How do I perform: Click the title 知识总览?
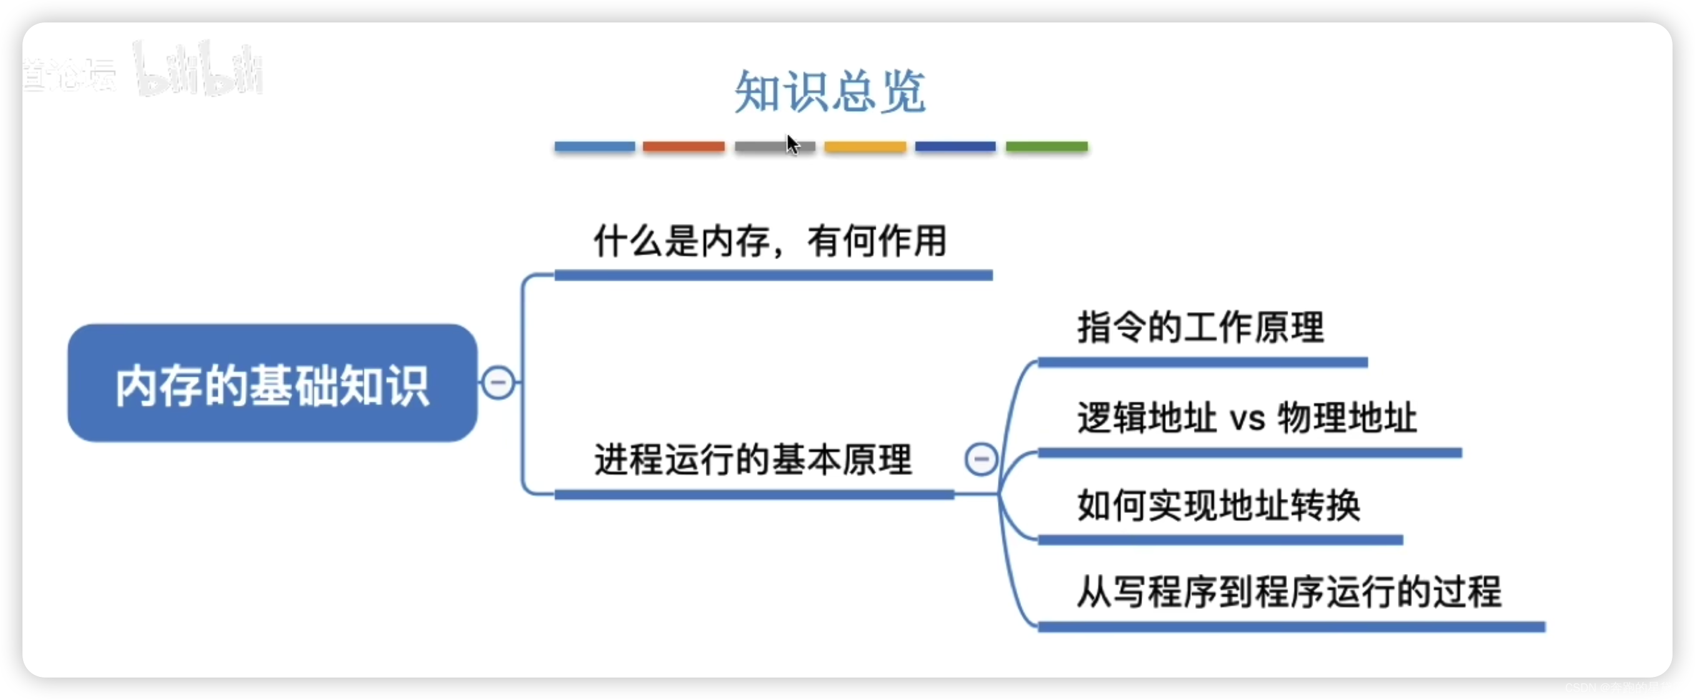[x=830, y=92]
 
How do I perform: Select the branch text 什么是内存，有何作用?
[x=770, y=241]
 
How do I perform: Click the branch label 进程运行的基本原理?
[x=753, y=459]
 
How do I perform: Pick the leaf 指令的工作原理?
[x=1200, y=327]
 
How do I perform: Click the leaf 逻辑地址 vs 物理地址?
[x=1246, y=417]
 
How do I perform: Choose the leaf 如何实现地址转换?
[x=1219, y=505]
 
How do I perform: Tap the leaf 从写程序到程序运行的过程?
[x=1289, y=591]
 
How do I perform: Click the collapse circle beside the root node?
[x=498, y=382]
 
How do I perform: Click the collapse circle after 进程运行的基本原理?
[x=980, y=459]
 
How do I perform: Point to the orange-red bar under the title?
[x=683, y=146]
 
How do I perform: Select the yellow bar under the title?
[x=864, y=146]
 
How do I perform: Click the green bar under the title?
[x=1046, y=146]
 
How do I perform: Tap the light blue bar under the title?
[x=594, y=146]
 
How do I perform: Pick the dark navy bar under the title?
[x=955, y=146]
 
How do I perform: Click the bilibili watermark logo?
[x=197, y=69]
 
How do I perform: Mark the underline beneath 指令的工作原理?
[x=1202, y=362]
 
